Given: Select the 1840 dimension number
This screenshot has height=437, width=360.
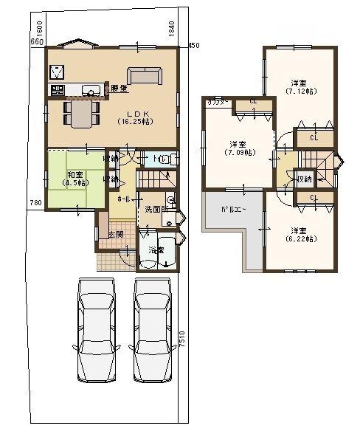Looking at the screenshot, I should click(x=170, y=30).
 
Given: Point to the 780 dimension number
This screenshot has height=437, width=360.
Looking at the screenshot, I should click(x=34, y=202).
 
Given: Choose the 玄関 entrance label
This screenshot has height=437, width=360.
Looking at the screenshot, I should click(x=115, y=234).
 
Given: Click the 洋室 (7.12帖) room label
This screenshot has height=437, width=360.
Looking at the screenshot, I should click(x=298, y=87).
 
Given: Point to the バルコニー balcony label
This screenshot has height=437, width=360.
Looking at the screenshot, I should click(x=234, y=210).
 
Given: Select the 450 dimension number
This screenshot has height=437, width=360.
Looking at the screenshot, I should click(x=194, y=46).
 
